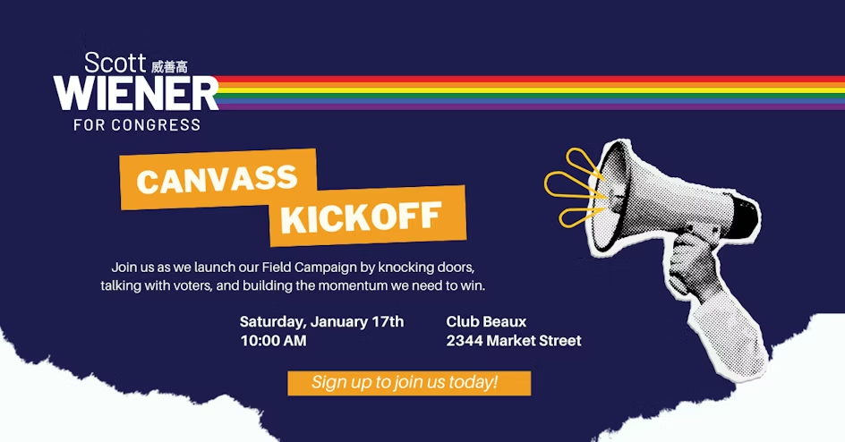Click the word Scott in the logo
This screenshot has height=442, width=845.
click(115, 63)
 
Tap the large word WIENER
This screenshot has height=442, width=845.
click(136, 94)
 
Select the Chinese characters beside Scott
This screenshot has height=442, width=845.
click(169, 67)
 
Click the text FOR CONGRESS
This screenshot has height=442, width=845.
click(137, 125)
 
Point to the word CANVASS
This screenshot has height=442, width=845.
click(218, 180)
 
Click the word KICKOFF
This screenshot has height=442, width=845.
click(361, 217)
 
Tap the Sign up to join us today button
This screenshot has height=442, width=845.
click(409, 383)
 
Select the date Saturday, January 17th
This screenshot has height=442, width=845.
click(321, 322)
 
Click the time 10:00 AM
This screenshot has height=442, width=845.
click(273, 341)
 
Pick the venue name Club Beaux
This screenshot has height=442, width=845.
click(486, 322)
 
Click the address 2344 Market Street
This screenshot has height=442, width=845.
click(514, 341)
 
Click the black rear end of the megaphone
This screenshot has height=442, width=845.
click(747, 218)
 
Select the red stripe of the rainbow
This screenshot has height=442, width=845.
click(531, 79)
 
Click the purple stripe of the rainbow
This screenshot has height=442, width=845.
click(531, 106)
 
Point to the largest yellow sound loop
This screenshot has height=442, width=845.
click(572, 184)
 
